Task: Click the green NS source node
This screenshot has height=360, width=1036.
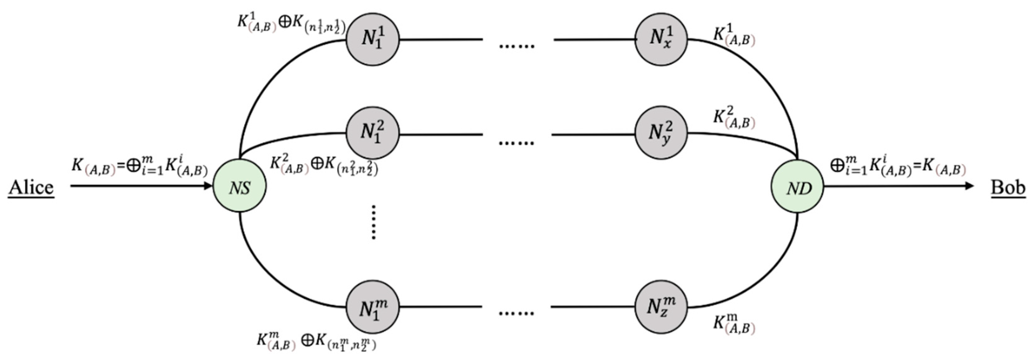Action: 239,186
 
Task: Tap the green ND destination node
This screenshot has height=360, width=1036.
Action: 797,186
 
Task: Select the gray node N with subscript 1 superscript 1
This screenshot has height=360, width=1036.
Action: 372,39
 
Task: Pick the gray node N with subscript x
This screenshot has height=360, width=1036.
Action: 661,39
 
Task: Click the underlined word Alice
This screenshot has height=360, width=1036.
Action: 31,188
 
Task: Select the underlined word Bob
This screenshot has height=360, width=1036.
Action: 1008,188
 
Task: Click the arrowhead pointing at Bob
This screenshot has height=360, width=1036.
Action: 969,186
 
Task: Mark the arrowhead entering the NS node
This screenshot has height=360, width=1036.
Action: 208,186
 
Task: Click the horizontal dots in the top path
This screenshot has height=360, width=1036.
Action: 517,46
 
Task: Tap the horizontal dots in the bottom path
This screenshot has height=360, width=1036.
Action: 517,313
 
